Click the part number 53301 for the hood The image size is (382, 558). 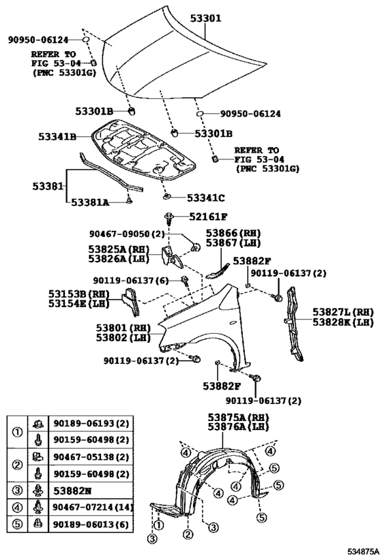205,18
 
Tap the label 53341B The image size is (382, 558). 57,136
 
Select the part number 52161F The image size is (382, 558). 209,217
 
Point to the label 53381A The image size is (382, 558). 90,202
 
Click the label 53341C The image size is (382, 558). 206,198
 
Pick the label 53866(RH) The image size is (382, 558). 233,233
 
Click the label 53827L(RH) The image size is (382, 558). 343,312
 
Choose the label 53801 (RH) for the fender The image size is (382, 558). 123,328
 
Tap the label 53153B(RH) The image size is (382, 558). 78,294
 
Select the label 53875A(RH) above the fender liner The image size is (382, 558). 238,418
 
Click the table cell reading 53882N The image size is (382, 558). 72,491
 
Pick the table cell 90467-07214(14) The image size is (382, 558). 91,507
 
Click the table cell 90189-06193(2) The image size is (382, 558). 91,424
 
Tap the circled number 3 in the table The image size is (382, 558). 17,491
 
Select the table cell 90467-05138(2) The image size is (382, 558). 91,457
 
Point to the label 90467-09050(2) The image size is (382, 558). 127,234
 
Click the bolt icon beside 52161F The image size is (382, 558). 169,218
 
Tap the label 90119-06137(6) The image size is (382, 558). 131,281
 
